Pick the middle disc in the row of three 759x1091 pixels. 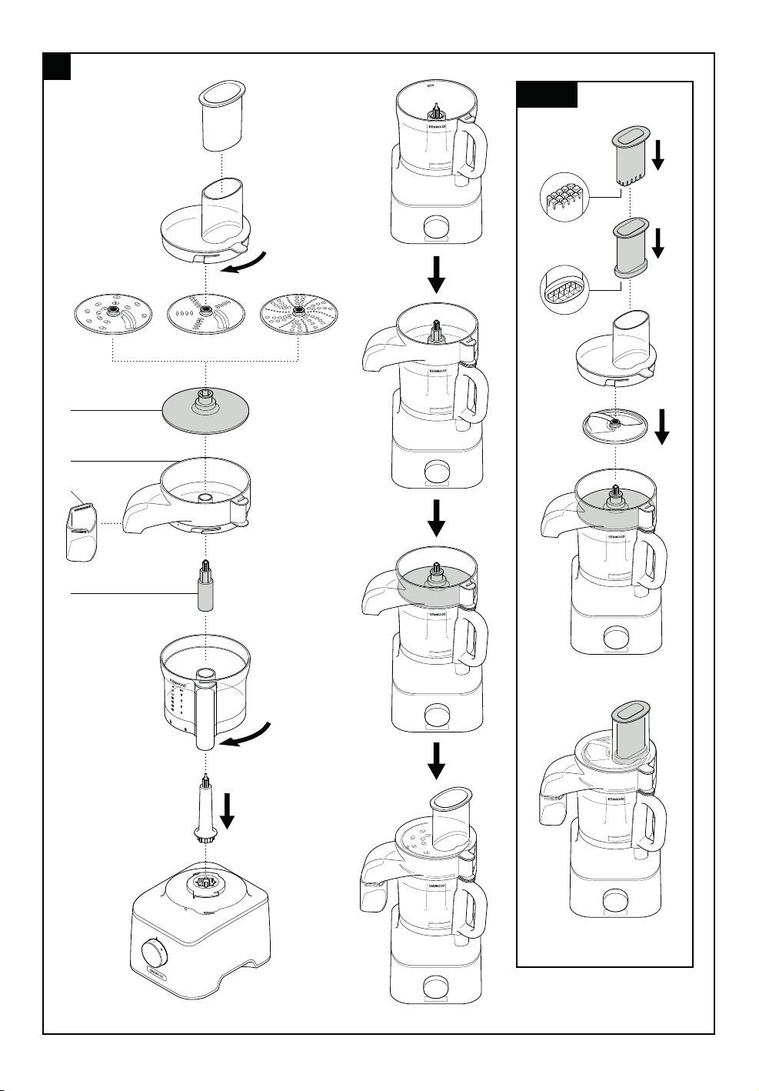coord(205,314)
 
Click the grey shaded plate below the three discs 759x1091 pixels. coord(205,411)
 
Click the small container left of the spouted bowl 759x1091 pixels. coord(81,531)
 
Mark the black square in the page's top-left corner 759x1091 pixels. coord(57,67)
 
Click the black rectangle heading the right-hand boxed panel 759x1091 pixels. coord(547,94)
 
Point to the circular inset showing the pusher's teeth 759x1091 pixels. coord(565,197)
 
